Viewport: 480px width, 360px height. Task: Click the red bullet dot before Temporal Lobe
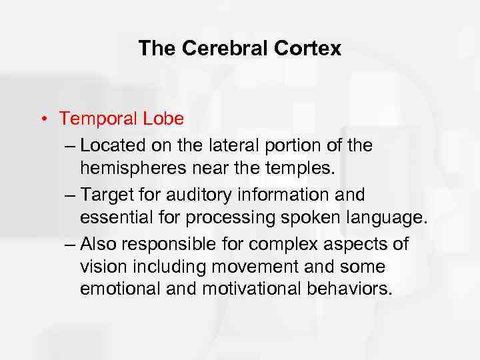[x=42, y=119]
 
